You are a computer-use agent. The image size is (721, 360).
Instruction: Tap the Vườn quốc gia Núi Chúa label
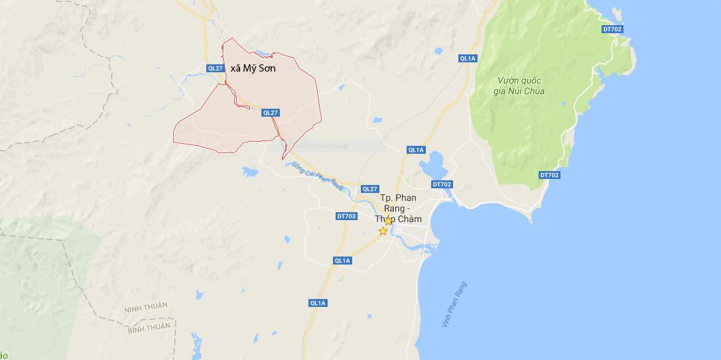coord(521,86)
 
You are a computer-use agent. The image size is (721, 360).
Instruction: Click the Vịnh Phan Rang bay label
coord(454,304)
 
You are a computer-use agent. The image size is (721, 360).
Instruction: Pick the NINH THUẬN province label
coord(145,306)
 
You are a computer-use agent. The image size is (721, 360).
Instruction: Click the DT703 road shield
coord(346,216)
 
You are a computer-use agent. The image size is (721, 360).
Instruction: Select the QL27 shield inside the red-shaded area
coord(270,113)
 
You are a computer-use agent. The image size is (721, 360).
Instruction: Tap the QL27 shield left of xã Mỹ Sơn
coord(215,68)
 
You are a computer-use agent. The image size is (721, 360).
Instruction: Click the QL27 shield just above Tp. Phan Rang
coord(369,189)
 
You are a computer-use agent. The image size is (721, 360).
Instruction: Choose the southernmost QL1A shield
coord(318,303)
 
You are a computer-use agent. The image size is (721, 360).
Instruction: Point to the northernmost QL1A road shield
coord(468,58)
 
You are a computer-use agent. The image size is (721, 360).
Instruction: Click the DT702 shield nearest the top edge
coord(612,29)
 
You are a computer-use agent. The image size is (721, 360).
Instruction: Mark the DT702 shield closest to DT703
coord(441,184)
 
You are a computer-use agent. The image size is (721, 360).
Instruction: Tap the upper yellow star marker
coord(389,221)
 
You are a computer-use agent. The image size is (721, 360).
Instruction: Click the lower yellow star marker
coord(383,231)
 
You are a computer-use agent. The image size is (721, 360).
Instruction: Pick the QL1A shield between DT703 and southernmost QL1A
coord(342,261)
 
